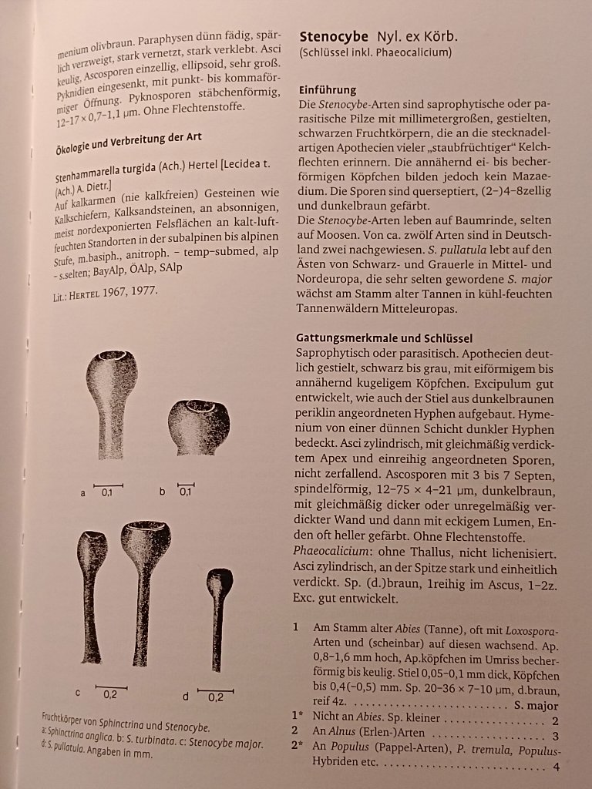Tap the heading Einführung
pyautogui.click(x=328, y=90)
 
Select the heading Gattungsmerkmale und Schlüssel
pyautogui.click(x=384, y=338)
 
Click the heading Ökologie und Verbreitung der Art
pyautogui.click(x=129, y=144)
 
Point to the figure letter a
pyautogui.click(x=82, y=492)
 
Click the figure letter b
pyautogui.click(x=162, y=491)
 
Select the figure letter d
pyautogui.click(x=185, y=697)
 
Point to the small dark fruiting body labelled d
pyautogui.click(x=219, y=616)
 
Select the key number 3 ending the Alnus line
pyautogui.click(x=555, y=735)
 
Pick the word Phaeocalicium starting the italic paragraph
pyautogui.click(x=331, y=553)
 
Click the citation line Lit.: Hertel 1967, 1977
pyautogui.click(x=106, y=292)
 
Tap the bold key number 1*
pyautogui.click(x=297, y=720)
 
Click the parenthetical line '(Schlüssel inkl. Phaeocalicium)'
pyautogui.click(x=375, y=53)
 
